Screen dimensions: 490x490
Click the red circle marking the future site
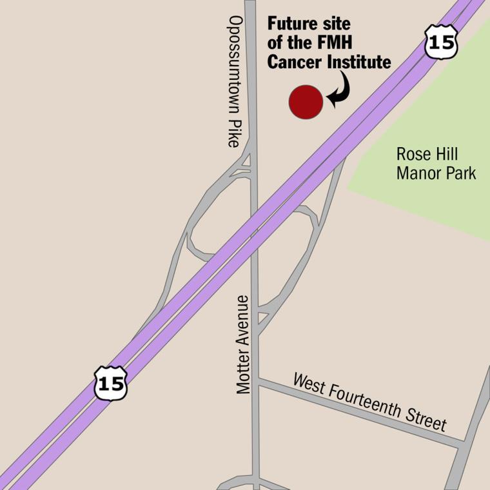point(306,102)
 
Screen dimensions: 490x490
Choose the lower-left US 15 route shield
point(110,383)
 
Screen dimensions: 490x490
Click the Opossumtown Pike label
point(234,81)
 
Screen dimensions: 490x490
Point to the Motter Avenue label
point(242,344)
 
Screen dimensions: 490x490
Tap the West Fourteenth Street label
point(369,402)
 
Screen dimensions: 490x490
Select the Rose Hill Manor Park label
point(436,164)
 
